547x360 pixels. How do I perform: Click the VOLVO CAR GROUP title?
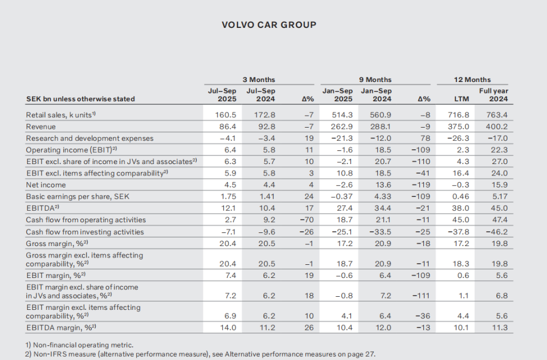pos(268,24)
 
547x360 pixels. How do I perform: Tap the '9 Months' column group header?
pos(375,79)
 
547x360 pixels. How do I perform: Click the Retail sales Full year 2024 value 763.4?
pos(496,114)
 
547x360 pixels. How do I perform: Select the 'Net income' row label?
pos(46,185)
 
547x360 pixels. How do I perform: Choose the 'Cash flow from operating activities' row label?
pos(85,220)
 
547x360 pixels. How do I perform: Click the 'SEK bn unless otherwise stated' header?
pos(80,99)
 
